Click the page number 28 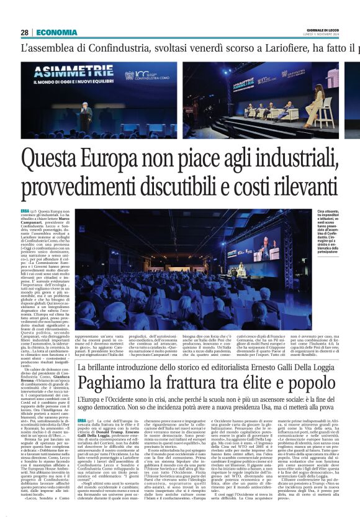coord(24,32)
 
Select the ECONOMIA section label coord(56,32)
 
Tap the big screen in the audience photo coord(261,246)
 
